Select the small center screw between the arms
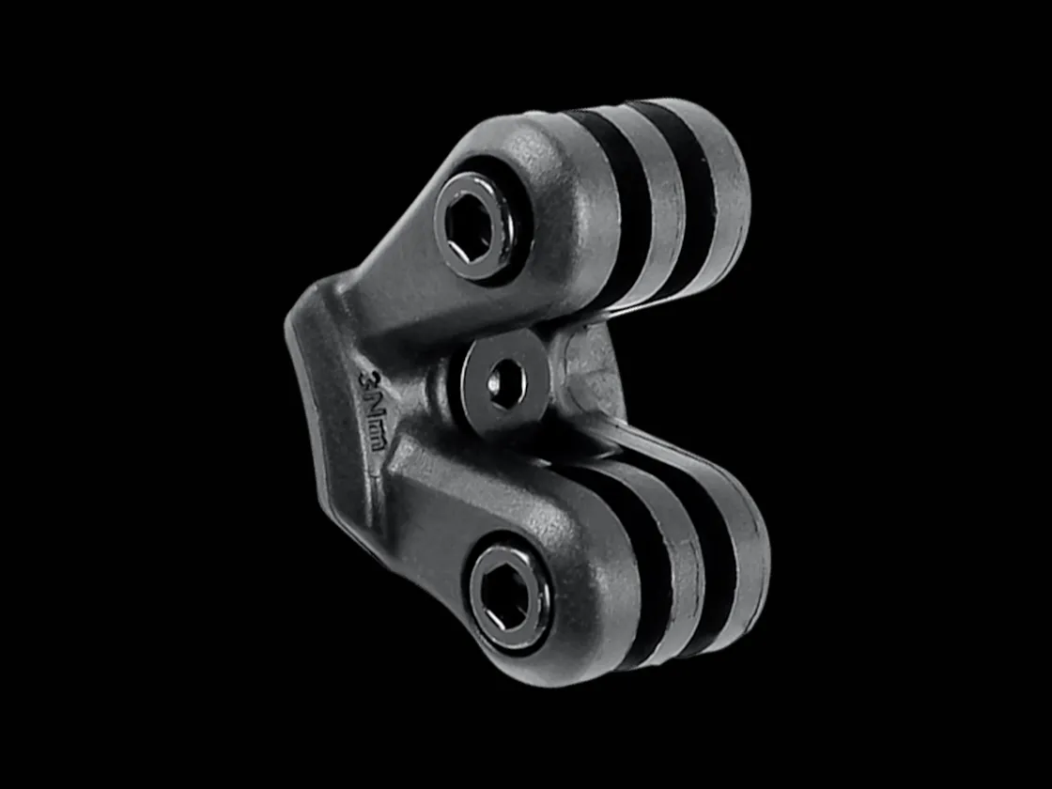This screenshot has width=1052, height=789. point(504,382)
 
